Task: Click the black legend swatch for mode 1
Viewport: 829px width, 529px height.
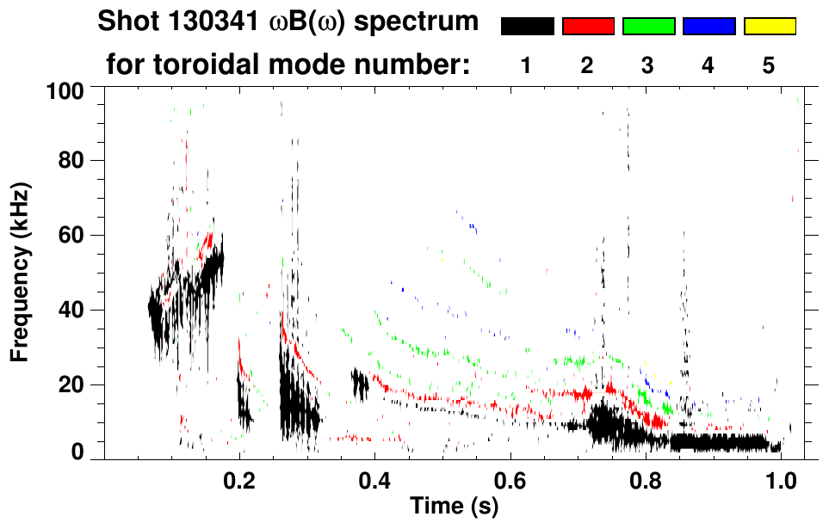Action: click(x=527, y=27)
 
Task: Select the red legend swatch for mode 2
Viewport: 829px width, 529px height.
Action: click(x=588, y=27)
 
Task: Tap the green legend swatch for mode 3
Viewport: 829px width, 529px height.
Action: click(x=648, y=27)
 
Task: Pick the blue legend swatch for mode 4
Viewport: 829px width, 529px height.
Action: click(x=708, y=27)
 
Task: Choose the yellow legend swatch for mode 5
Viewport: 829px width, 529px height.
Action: click(x=770, y=27)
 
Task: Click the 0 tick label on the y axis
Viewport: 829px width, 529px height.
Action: click(x=77, y=452)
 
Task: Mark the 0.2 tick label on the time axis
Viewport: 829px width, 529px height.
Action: click(x=239, y=478)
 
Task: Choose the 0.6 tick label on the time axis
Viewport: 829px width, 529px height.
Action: click(x=510, y=478)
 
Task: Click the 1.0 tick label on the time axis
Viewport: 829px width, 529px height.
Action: click(x=781, y=478)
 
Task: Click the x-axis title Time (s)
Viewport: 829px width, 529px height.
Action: click(x=454, y=507)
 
